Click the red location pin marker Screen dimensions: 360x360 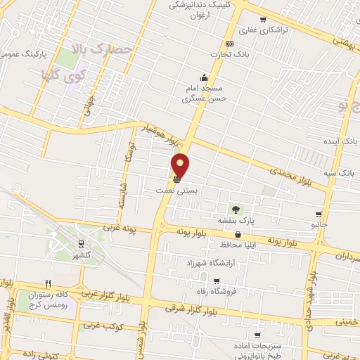pos(181,165)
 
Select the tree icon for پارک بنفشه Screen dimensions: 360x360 pos(236,209)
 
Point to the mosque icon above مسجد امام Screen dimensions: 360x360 pos(204,77)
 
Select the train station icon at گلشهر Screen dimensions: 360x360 pos(82,243)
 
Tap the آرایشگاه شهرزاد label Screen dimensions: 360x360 pos(208,262)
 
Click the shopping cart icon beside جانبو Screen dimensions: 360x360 pos(319,214)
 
